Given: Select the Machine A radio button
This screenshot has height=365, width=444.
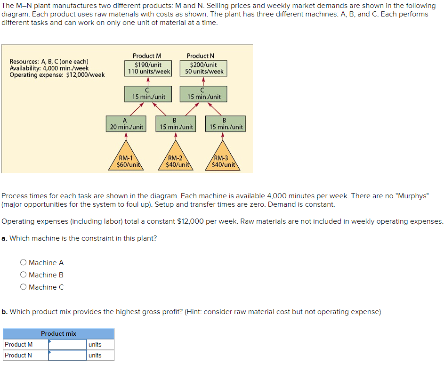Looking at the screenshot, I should [23, 263].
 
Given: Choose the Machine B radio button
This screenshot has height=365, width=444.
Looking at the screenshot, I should [23, 275].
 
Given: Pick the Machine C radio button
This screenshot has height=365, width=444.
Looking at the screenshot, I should [23, 287].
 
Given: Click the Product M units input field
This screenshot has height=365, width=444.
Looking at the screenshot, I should [67, 344].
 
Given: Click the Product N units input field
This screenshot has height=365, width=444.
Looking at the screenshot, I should [67, 355].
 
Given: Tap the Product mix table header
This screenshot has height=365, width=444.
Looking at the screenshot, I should [58, 333].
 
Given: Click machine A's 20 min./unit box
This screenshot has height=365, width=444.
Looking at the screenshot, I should [126, 124].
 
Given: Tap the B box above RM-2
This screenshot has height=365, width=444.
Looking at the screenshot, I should [176, 124].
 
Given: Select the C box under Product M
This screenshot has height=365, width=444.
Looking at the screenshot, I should [148, 94].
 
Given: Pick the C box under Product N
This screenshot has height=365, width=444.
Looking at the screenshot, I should [203, 94].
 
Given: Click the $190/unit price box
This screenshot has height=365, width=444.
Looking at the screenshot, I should [148, 68].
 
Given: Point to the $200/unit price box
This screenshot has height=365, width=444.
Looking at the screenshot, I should [204, 68].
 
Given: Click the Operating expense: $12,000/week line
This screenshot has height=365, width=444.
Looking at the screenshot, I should [57, 75].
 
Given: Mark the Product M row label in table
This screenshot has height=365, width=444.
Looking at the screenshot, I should [19, 344].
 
